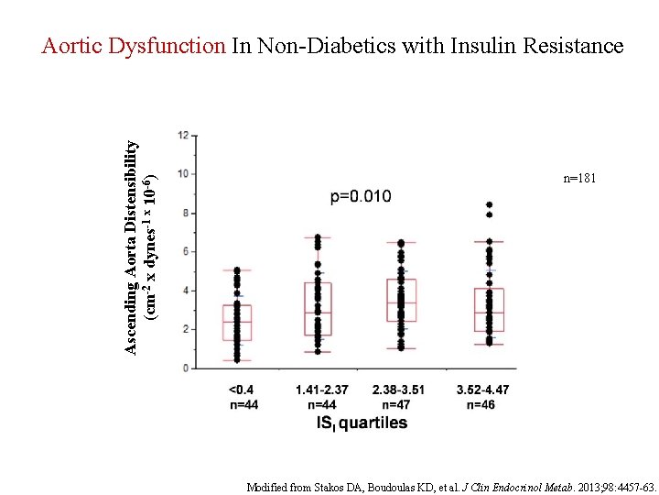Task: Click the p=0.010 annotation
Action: [x=361, y=196]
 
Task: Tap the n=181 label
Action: [x=579, y=179]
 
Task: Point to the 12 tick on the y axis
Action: [x=184, y=136]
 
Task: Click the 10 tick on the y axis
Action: [x=184, y=174]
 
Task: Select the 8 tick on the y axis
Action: [x=186, y=213]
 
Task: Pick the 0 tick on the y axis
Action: [x=186, y=368]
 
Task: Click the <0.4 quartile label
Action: [x=243, y=390]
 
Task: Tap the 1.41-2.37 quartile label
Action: [x=320, y=390]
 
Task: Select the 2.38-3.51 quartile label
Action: [x=398, y=390]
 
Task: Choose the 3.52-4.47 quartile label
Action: [x=482, y=390]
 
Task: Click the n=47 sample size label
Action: [x=398, y=404]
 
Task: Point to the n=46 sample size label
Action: [x=482, y=404]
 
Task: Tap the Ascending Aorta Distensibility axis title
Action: [x=133, y=247]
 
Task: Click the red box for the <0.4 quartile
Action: [x=237, y=323]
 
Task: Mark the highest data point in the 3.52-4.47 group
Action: [x=489, y=204]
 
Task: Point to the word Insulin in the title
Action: [x=484, y=46]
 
